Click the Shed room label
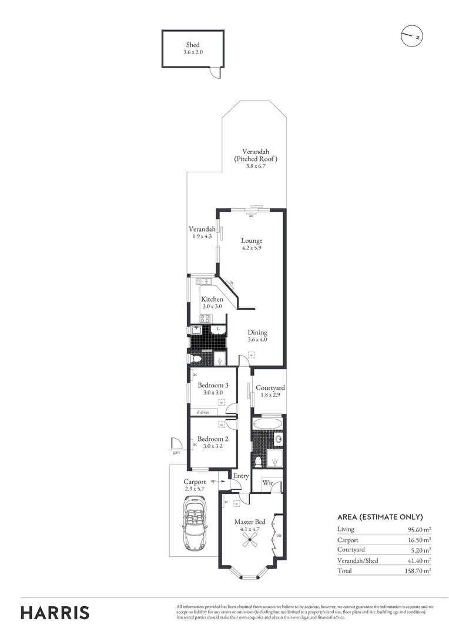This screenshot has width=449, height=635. coord(193,45)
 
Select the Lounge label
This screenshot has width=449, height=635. coord(252,240)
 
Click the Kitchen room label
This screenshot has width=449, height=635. coord(212,299)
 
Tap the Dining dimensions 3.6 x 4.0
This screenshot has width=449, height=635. coord(257,340)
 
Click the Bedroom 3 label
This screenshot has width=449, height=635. coord(212,385)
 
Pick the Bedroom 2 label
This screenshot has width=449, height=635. coord(212,439)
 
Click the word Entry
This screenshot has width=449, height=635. coord(241,476)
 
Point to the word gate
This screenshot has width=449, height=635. coord(176,453)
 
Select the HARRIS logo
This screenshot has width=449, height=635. coord(55,613)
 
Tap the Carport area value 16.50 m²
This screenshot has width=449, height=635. coord(418,540)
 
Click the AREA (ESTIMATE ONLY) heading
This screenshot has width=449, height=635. coord(380,517)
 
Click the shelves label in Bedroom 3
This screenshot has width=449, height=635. coord(203,412)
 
